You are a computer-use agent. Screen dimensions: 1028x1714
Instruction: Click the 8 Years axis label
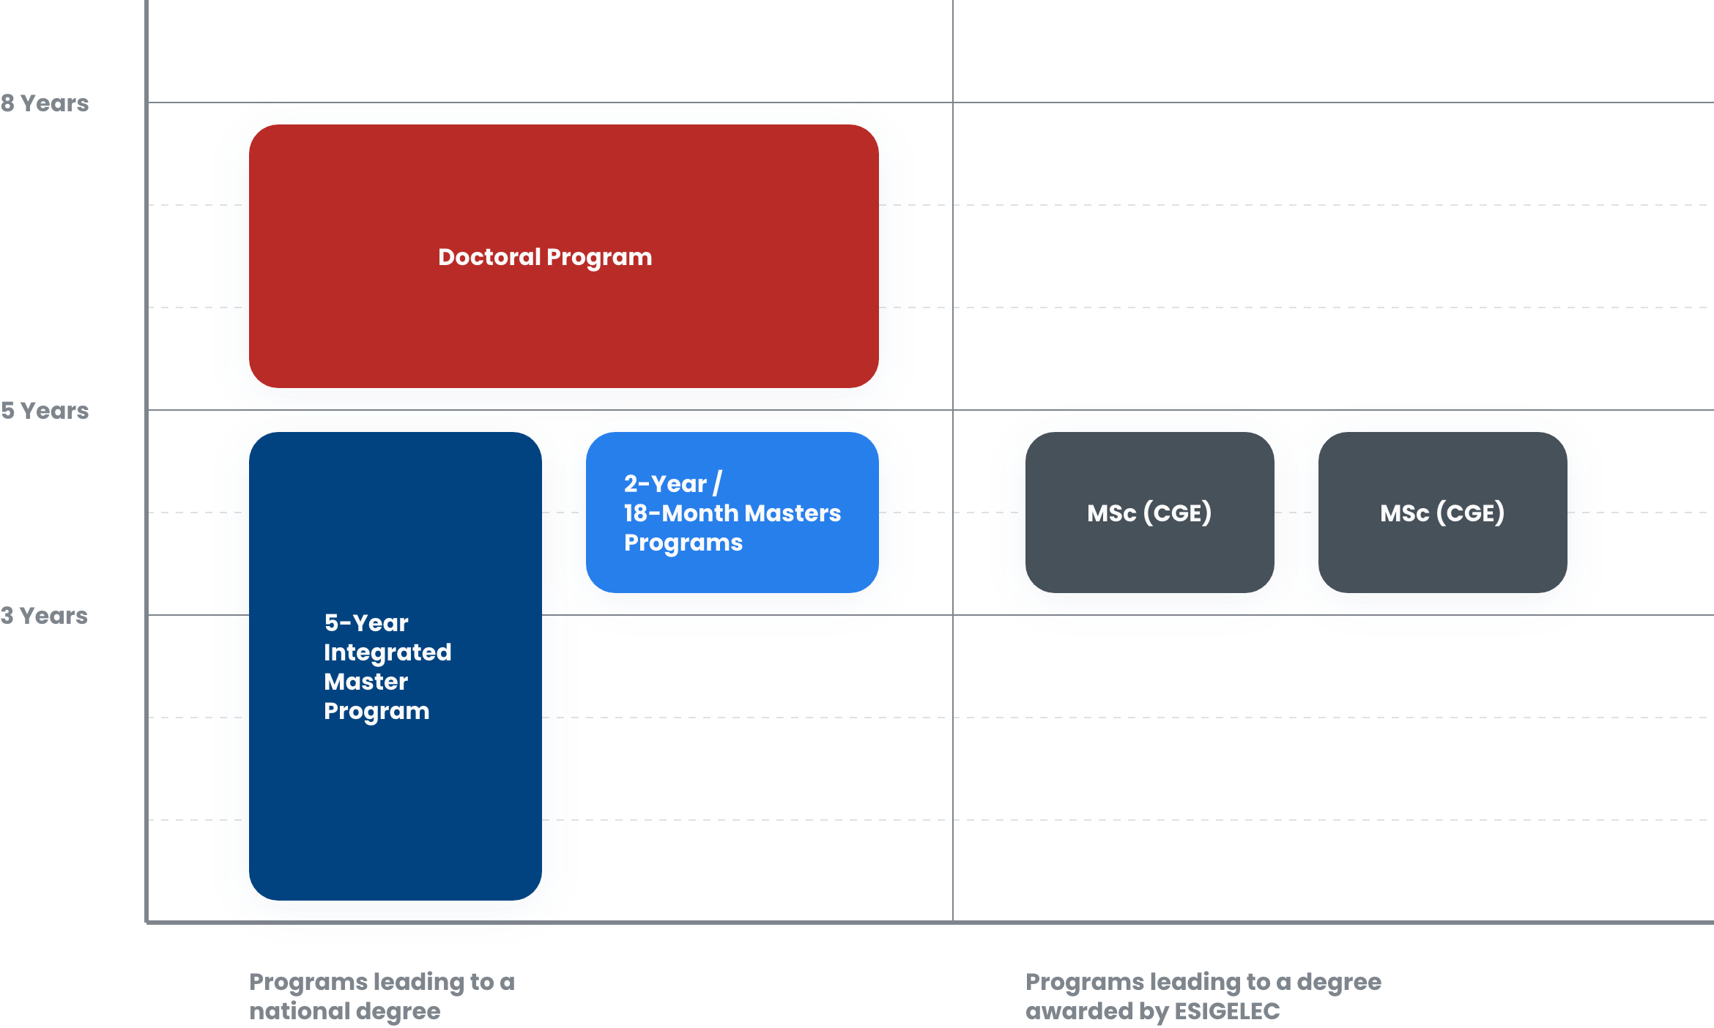[x=45, y=103]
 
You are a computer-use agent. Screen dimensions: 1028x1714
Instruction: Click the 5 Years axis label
[x=45, y=411]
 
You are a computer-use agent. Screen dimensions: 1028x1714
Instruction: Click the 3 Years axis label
[x=44, y=616]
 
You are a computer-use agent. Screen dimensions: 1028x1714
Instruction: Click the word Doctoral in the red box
[x=489, y=257]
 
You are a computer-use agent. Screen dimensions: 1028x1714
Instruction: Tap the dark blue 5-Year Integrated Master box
[x=396, y=805]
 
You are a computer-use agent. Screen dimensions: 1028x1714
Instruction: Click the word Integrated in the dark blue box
[x=387, y=652]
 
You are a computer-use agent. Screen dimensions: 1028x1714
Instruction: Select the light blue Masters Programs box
[x=732, y=571]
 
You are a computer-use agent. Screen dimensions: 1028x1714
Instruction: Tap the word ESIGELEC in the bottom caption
[x=1227, y=1011]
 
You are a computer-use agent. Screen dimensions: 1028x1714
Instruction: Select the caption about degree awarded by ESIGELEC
[x=1203, y=996]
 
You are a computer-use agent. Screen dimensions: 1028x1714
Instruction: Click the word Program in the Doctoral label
[x=599, y=258]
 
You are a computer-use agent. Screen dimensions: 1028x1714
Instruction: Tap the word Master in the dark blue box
[x=366, y=682]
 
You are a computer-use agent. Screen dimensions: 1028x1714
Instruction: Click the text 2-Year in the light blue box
[x=665, y=484]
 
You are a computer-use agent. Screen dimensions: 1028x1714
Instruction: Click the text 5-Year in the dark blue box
[x=366, y=623]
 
